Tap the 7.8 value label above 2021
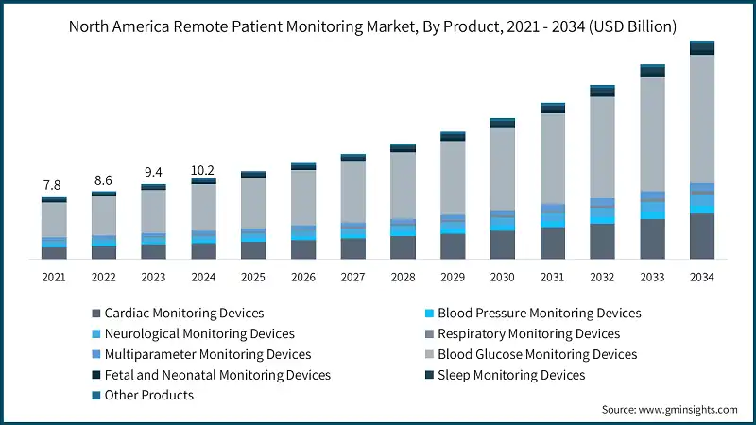pyautogui.click(x=54, y=185)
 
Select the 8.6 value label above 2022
pyautogui.click(x=103, y=179)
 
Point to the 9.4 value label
pyautogui.click(x=153, y=172)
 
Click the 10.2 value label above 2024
pyautogui.click(x=203, y=170)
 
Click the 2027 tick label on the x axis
pyautogui.click(x=352, y=277)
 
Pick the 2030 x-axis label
pyautogui.click(x=502, y=277)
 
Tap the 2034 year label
pyautogui.click(x=701, y=277)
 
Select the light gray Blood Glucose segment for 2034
pyautogui.click(x=701, y=118)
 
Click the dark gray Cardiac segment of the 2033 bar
pyautogui.click(x=652, y=239)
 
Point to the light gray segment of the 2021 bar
pyautogui.click(x=54, y=219)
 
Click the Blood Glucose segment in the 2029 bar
pyautogui.click(x=453, y=177)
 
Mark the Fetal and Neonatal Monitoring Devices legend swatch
pyautogui.click(x=94, y=375)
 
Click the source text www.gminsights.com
pyautogui.click(x=670, y=410)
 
